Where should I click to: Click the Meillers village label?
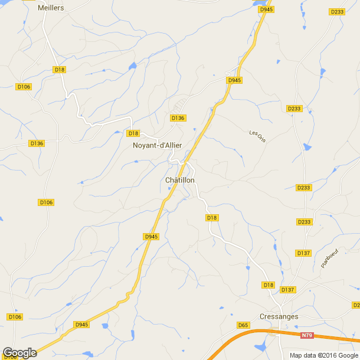coord(50,8)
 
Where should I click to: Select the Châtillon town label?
coord(180,180)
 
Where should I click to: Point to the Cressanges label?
coord(279,316)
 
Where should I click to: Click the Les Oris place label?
coord(257,135)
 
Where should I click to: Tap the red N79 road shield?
coord(306,336)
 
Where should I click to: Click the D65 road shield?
coord(243,325)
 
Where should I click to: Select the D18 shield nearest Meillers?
coord(59,70)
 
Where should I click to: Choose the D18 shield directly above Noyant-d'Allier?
coord(133,133)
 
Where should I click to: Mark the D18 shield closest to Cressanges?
coord(269,285)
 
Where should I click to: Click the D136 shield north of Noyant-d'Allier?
coord(178,118)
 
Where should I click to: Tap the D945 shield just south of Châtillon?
coord(151,237)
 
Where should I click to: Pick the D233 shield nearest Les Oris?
coord(293,109)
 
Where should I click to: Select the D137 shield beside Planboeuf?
coord(303,253)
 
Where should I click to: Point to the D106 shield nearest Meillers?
coord(24,87)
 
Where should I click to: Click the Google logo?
coord(19,353)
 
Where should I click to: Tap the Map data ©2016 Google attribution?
coord(323,355)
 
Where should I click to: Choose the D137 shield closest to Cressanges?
coord(287,290)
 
